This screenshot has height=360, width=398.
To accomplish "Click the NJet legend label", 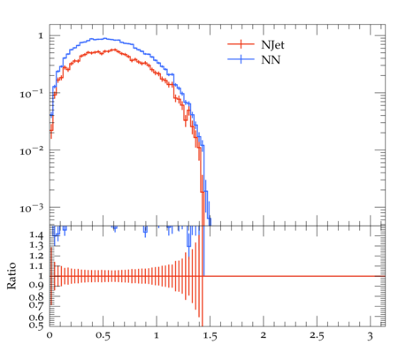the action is point(272,45).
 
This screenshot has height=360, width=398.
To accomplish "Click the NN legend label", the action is point(271,60).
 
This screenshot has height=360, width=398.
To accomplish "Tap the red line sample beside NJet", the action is point(241,44).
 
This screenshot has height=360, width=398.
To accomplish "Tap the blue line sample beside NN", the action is point(241,59).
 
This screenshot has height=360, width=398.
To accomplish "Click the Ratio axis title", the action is point(11,276).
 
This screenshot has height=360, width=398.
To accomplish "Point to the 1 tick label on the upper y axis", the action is point(41,36).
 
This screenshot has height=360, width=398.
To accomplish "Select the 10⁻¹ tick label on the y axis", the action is point(31,94).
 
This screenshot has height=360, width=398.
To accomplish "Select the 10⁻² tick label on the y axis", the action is point(31,151).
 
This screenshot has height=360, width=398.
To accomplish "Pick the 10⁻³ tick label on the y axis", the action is point(31,209).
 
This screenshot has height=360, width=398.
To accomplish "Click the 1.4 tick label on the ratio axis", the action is point(36,235).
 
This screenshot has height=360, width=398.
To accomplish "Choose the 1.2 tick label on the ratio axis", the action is point(36,256).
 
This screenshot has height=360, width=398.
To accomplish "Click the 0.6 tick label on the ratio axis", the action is point(36,318).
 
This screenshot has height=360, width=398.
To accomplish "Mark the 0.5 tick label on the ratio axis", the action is point(36,326).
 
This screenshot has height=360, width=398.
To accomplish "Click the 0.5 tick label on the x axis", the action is point(103,336).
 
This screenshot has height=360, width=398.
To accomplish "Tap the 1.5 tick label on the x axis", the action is point(210,336).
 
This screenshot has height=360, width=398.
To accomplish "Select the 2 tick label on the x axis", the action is point(264,335).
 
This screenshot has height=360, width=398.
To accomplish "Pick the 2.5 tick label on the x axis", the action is point(317,336).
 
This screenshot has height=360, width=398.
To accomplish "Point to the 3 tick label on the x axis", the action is point(371,336).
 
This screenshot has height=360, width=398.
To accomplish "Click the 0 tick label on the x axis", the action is point(50,335).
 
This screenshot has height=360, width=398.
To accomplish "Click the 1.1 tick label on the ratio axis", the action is point(36,266).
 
